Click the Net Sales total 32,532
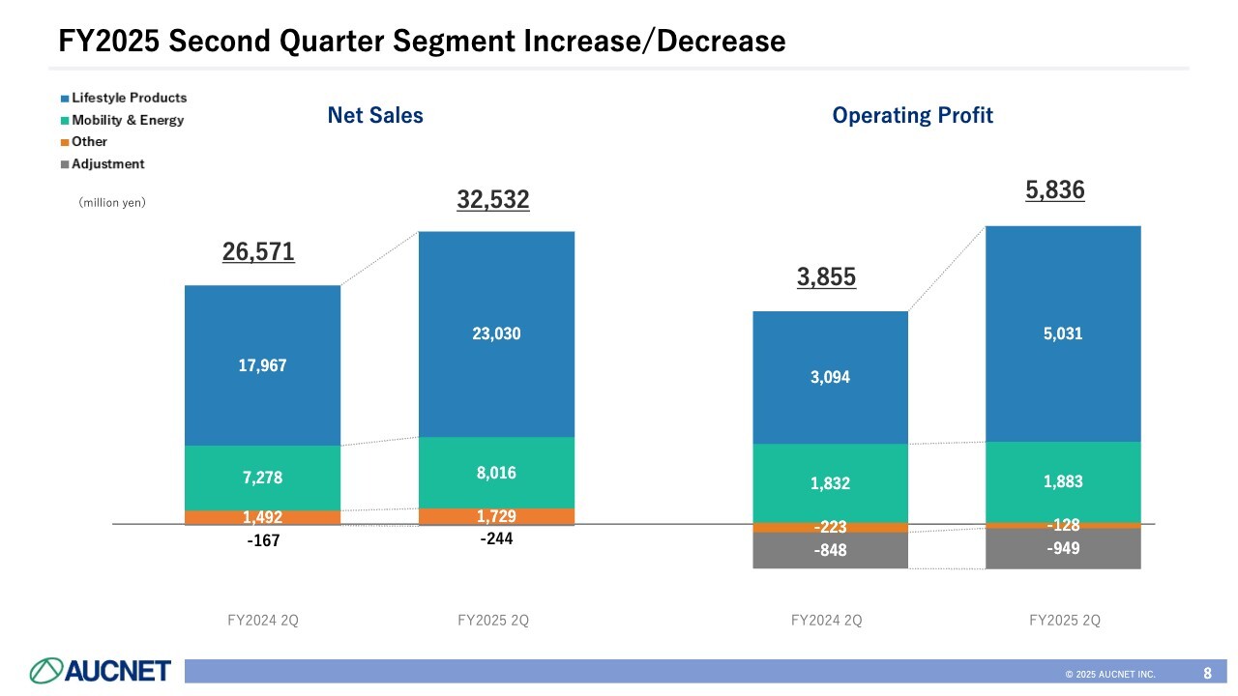[493, 200]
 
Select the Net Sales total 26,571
[258, 252]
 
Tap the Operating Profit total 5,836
[1055, 190]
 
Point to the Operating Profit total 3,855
[826, 277]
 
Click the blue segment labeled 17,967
[262, 365]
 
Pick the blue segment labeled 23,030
[496, 333]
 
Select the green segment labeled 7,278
[262, 478]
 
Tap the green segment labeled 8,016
[496, 473]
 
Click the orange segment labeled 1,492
[262, 517]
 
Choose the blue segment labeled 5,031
[1063, 333]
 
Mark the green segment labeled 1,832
[830, 483]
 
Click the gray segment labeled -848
[830, 550]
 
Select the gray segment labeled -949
[1063, 548]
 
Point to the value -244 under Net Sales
[496, 539]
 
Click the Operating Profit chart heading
[912, 116]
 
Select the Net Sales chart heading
[375, 116]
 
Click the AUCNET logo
[101, 670]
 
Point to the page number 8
[1207, 672]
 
